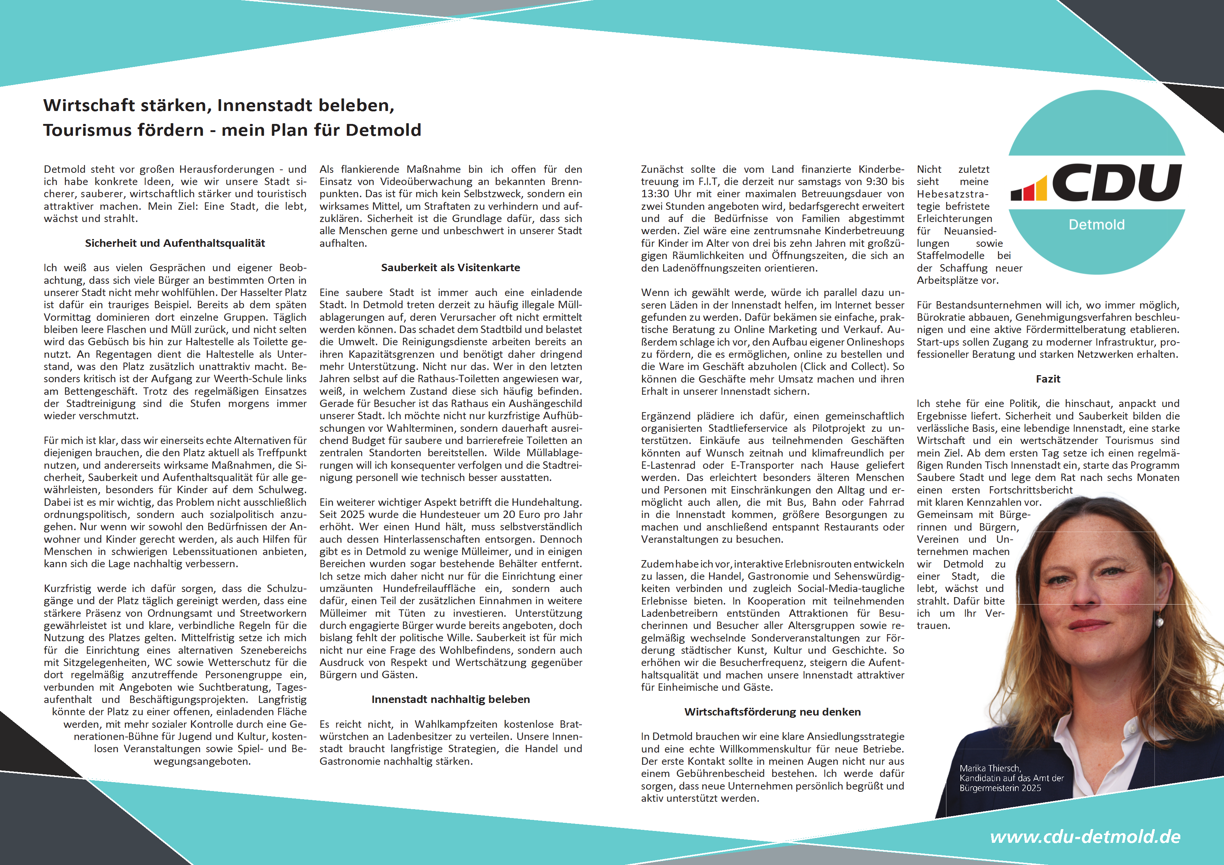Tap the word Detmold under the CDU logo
tap(1097, 224)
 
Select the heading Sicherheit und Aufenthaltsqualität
tap(175, 243)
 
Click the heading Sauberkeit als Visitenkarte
tap(450, 267)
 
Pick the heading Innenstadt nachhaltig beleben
tap(450, 699)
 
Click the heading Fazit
tap(1048, 379)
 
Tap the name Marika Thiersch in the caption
tap(990, 768)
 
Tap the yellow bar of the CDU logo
tap(1041, 188)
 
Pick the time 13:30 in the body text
tap(655, 194)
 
